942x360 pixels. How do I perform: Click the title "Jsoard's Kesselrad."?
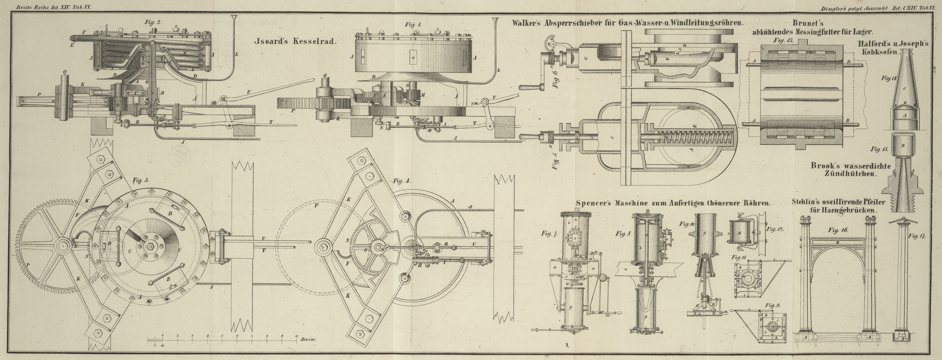pyautogui.click(x=295, y=41)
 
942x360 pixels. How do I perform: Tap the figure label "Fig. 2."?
pyautogui.click(x=153, y=22)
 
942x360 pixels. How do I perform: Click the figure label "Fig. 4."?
pyautogui.click(x=402, y=181)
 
